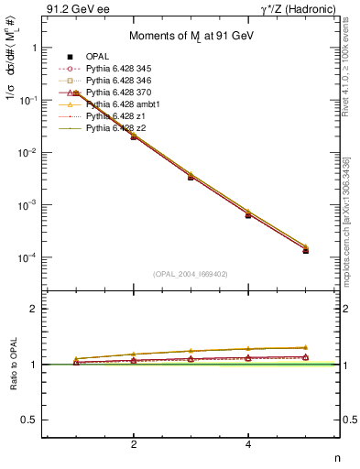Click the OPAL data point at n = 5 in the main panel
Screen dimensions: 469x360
(305, 250)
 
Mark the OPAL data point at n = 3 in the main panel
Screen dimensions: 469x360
(191, 176)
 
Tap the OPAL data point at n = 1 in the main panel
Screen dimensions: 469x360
(76, 93)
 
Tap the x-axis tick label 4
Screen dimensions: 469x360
(248, 444)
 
